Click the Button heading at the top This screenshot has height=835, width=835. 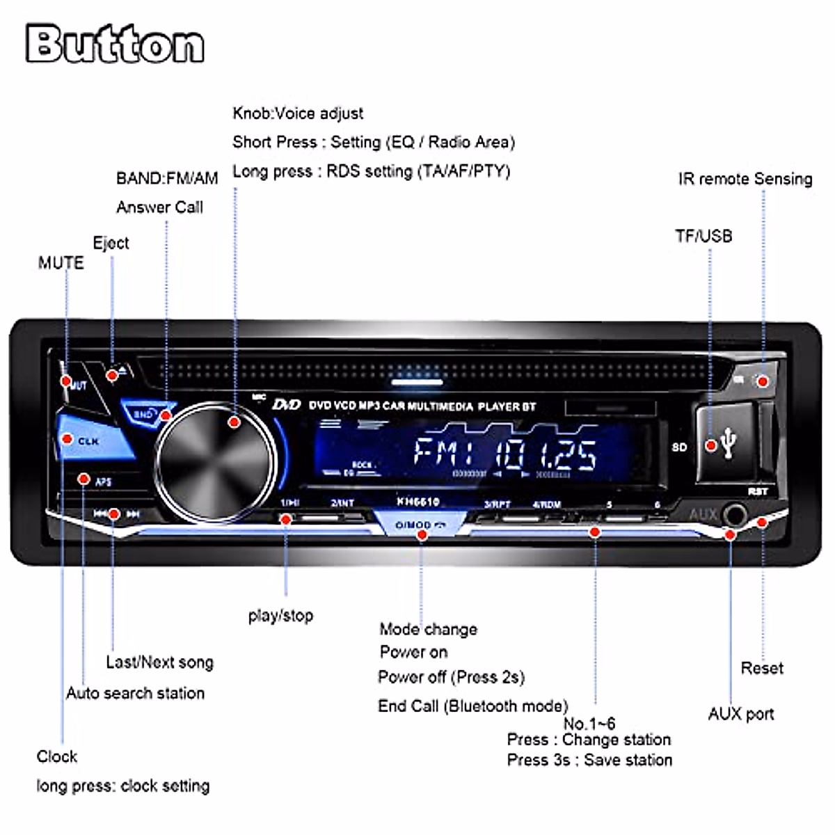tap(116, 44)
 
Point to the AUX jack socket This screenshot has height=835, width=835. tap(735, 516)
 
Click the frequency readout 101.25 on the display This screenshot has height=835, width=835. tap(546, 454)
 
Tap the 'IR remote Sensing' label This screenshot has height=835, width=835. tap(745, 179)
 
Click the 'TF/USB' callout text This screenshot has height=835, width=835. tap(703, 236)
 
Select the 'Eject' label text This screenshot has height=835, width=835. tap(111, 243)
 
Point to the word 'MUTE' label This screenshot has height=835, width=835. tap(61, 263)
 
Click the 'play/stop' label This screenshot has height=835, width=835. tap(280, 615)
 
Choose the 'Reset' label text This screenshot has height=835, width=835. tap(762, 668)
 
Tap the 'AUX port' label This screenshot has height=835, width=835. tap(741, 714)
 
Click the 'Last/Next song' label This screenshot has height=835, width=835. tap(159, 662)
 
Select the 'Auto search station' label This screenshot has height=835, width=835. tap(135, 693)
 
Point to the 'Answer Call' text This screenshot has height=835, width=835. tap(159, 207)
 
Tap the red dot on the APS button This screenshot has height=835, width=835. tap(83, 479)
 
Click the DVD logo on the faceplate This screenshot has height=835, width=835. tap(286, 404)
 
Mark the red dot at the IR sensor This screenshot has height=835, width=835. tap(763, 381)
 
